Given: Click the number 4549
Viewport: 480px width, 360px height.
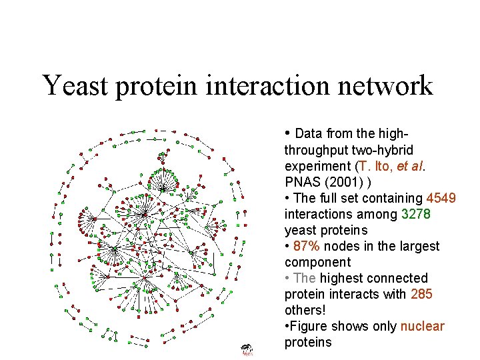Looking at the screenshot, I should pyautogui.click(x=441, y=198).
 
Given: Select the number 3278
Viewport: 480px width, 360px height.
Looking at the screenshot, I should pyautogui.click(x=416, y=214).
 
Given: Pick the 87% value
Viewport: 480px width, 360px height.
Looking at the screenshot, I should pyautogui.click(x=306, y=246).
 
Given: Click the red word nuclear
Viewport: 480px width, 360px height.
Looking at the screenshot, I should pyautogui.click(x=422, y=326).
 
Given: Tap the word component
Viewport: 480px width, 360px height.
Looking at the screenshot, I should pyautogui.click(x=317, y=262).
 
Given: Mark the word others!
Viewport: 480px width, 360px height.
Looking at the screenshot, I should pyautogui.click(x=303, y=310).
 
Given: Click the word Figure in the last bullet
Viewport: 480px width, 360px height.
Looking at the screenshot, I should pyautogui.click(x=307, y=326).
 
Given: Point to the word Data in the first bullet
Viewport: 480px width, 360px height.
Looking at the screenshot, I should pyautogui.click(x=308, y=133).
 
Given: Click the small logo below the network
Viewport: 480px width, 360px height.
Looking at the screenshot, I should pyautogui.click(x=247, y=349).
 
